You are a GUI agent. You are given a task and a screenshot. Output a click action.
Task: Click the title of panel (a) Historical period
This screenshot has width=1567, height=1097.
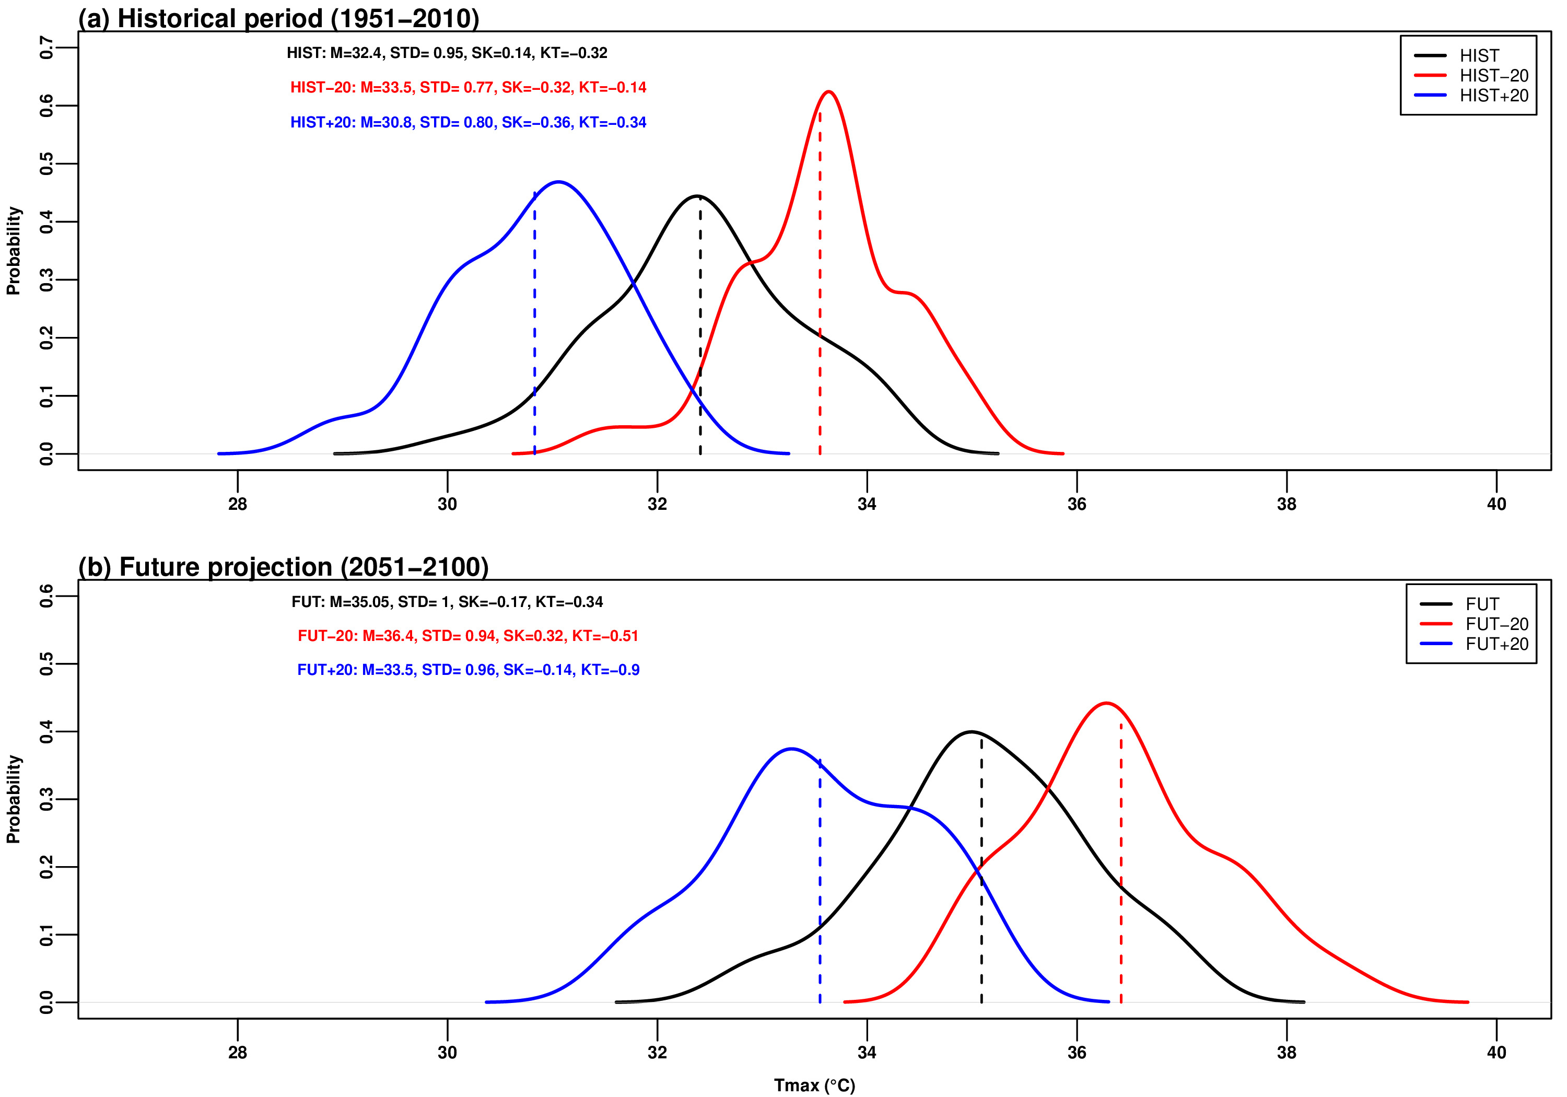pos(278,18)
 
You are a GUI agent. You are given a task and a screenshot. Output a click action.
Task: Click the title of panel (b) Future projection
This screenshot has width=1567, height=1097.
pos(283,567)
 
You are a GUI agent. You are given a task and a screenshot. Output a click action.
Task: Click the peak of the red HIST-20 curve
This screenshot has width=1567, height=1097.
pos(828,91)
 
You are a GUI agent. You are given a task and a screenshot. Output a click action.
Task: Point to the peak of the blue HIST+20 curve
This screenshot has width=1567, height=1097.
pos(559,182)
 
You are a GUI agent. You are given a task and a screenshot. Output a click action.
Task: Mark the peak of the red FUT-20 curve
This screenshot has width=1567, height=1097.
pos(1106,703)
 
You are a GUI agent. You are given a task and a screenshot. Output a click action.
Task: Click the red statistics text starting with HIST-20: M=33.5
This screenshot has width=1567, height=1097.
pos(468,87)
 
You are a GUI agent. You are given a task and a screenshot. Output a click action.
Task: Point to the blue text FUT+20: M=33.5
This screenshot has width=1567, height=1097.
pos(468,670)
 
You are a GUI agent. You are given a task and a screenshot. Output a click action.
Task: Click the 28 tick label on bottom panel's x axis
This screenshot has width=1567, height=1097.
pos(238,1053)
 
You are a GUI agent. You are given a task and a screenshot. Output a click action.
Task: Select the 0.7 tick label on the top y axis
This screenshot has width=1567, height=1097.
pos(46,48)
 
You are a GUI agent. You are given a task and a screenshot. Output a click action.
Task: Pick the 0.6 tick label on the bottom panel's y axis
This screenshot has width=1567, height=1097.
pos(46,596)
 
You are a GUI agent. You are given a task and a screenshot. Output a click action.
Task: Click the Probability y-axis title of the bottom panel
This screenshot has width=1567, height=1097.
pos(14,799)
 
